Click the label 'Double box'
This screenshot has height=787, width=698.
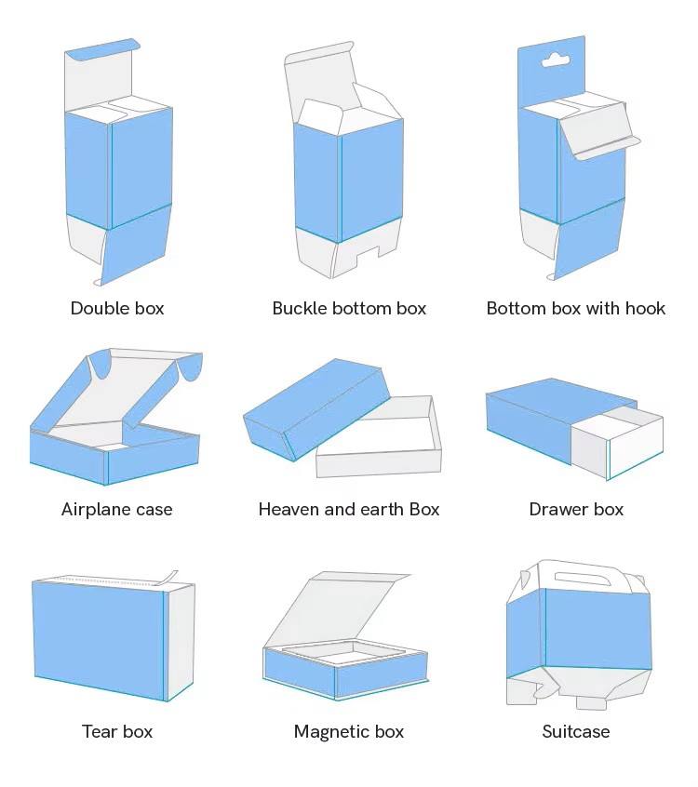[x=117, y=308]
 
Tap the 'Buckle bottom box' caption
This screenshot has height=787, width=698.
[x=349, y=308]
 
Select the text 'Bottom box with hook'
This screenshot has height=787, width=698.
[x=576, y=308]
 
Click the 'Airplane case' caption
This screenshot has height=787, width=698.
[x=117, y=509]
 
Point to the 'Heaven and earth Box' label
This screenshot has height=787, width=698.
[x=349, y=509]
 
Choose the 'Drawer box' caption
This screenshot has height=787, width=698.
[x=576, y=509]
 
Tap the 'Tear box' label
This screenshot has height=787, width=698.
[x=117, y=731]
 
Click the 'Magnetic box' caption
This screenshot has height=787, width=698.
[x=349, y=731]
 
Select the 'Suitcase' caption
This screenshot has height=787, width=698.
[x=576, y=731]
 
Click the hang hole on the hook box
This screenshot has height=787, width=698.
[x=556, y=61]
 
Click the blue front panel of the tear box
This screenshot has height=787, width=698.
[x=98, y=633]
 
